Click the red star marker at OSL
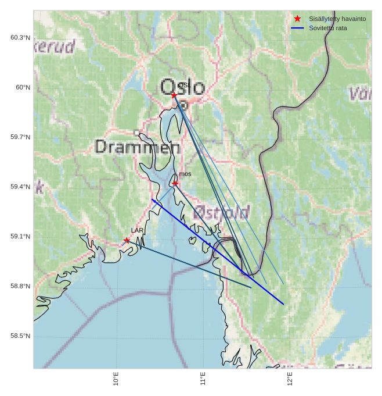click(174, 95)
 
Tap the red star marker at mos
click(175, 183)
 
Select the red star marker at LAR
click(127, 240)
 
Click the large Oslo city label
click(182, 88)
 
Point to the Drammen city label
click(137, 147)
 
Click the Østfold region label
click(221, 212)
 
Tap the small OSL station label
click(184, 85)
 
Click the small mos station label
click(185, 174)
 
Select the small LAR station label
click(137, 231)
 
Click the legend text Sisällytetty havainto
click(337, 19)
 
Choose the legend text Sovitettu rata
click(328, 28)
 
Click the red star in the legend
click(298, 19)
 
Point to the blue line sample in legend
click(298, 28)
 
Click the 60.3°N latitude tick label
click(20, 38)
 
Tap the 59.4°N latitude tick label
click(20, 187)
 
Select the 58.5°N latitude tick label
click(20, 336)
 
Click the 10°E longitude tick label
click(117, 379)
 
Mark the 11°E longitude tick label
click(203, 379)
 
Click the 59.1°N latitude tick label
click(20, 237)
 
